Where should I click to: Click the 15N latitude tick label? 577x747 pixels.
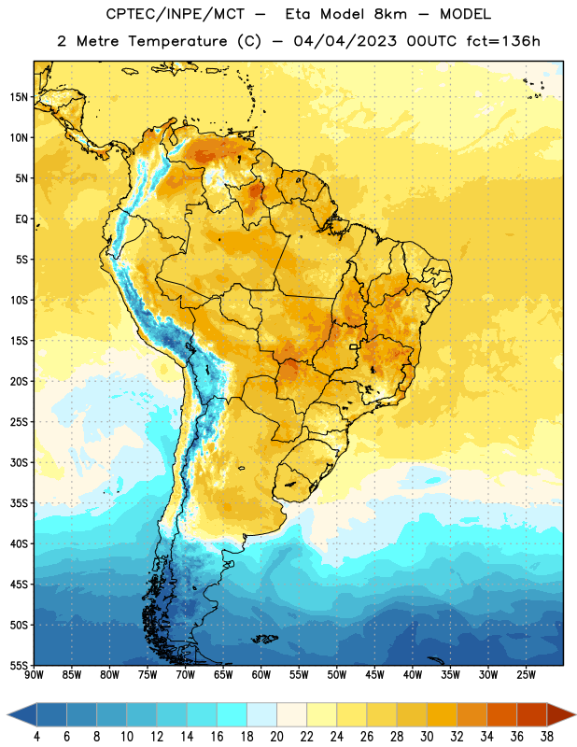pos(19,97)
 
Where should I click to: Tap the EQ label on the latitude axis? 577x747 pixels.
pos(21,219)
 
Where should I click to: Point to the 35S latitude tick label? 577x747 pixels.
pos(19,503)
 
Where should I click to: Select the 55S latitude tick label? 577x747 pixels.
pos(19,666)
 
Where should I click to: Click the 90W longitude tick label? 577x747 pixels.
pos(34,675)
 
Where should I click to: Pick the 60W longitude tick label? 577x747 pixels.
pos(261,675)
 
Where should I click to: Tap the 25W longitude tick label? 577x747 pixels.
pos(526,675)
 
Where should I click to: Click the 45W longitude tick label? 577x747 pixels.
pos(374,675)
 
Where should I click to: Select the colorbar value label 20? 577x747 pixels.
pos(276,737)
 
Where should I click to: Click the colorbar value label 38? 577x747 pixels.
pos(547,737)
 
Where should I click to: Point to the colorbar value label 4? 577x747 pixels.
pos(36,737)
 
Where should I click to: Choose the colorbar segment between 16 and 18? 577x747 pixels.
pos(232,714)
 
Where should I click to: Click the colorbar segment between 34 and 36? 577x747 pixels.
pos(502,714)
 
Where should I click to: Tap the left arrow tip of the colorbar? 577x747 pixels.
pos(7,714)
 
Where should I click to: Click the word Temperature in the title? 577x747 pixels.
pos(177,41)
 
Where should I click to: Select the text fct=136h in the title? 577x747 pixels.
pos(503,41)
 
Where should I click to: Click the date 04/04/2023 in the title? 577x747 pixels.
pos(345,41)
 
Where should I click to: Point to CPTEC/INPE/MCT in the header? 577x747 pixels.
pos(176,14)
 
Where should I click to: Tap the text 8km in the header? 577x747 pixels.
pos(390,14)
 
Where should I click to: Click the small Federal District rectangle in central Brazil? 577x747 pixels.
pos(354,346)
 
